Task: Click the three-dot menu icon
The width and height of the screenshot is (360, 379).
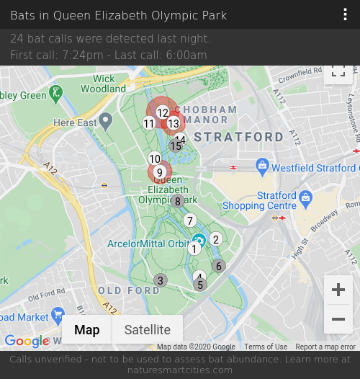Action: tap(346, 15)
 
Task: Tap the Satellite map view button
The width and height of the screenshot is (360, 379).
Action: tap(148, 330)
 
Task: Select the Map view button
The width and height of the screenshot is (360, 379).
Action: tap(87, 330)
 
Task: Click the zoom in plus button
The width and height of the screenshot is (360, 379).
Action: tap(338, 290)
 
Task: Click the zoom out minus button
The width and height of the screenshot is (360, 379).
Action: tap(338, 319)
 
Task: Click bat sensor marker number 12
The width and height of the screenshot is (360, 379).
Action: tap(163, 112)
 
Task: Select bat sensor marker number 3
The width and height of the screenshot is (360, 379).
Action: tap(161, 280)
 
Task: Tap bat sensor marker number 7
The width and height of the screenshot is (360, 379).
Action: tap(190, 220)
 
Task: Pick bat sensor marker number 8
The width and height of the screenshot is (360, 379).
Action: tap(178, 201)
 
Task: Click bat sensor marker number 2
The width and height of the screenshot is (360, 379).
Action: tap(215, 239)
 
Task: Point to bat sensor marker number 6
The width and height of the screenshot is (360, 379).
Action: tap(219, 266)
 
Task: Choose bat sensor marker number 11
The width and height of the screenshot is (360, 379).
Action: tap(149, 123)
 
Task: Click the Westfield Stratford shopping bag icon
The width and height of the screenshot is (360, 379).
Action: tap(263, 167)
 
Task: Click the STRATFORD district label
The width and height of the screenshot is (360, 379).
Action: tap(239, 137)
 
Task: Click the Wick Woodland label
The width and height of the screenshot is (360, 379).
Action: tap(104, 84)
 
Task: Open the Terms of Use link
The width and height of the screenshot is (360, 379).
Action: tap(266, 347)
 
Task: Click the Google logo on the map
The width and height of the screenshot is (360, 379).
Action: tap(27, 341)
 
